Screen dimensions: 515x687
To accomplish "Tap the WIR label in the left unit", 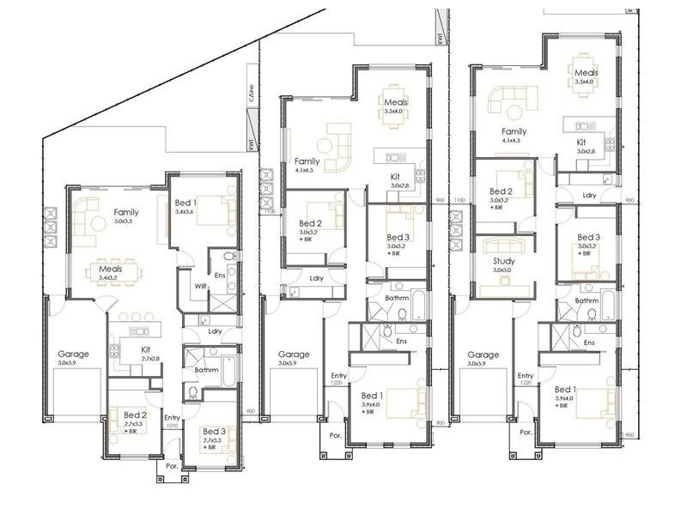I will (x=201, y=286).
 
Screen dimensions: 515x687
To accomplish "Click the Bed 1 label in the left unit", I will (x=185, y=201).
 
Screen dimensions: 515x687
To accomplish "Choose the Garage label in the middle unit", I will (x=294, y=354).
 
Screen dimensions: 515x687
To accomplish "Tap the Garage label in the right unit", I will (x=483, y=354).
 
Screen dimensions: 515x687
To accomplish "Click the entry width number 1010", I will (x=172, y=424).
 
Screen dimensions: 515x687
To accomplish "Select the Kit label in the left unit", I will (x=147, y=349).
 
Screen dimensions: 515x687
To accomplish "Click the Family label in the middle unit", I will (x=307, y=161).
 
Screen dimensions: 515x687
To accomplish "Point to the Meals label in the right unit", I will (x=586, y=73).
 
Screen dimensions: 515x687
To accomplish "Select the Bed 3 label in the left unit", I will (x=214, y=431).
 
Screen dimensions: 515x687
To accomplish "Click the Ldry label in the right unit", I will (x=589, y=195).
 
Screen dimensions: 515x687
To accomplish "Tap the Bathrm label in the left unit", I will (x=208, y=369).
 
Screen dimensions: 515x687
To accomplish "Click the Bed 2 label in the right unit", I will (x=501, y=191).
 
